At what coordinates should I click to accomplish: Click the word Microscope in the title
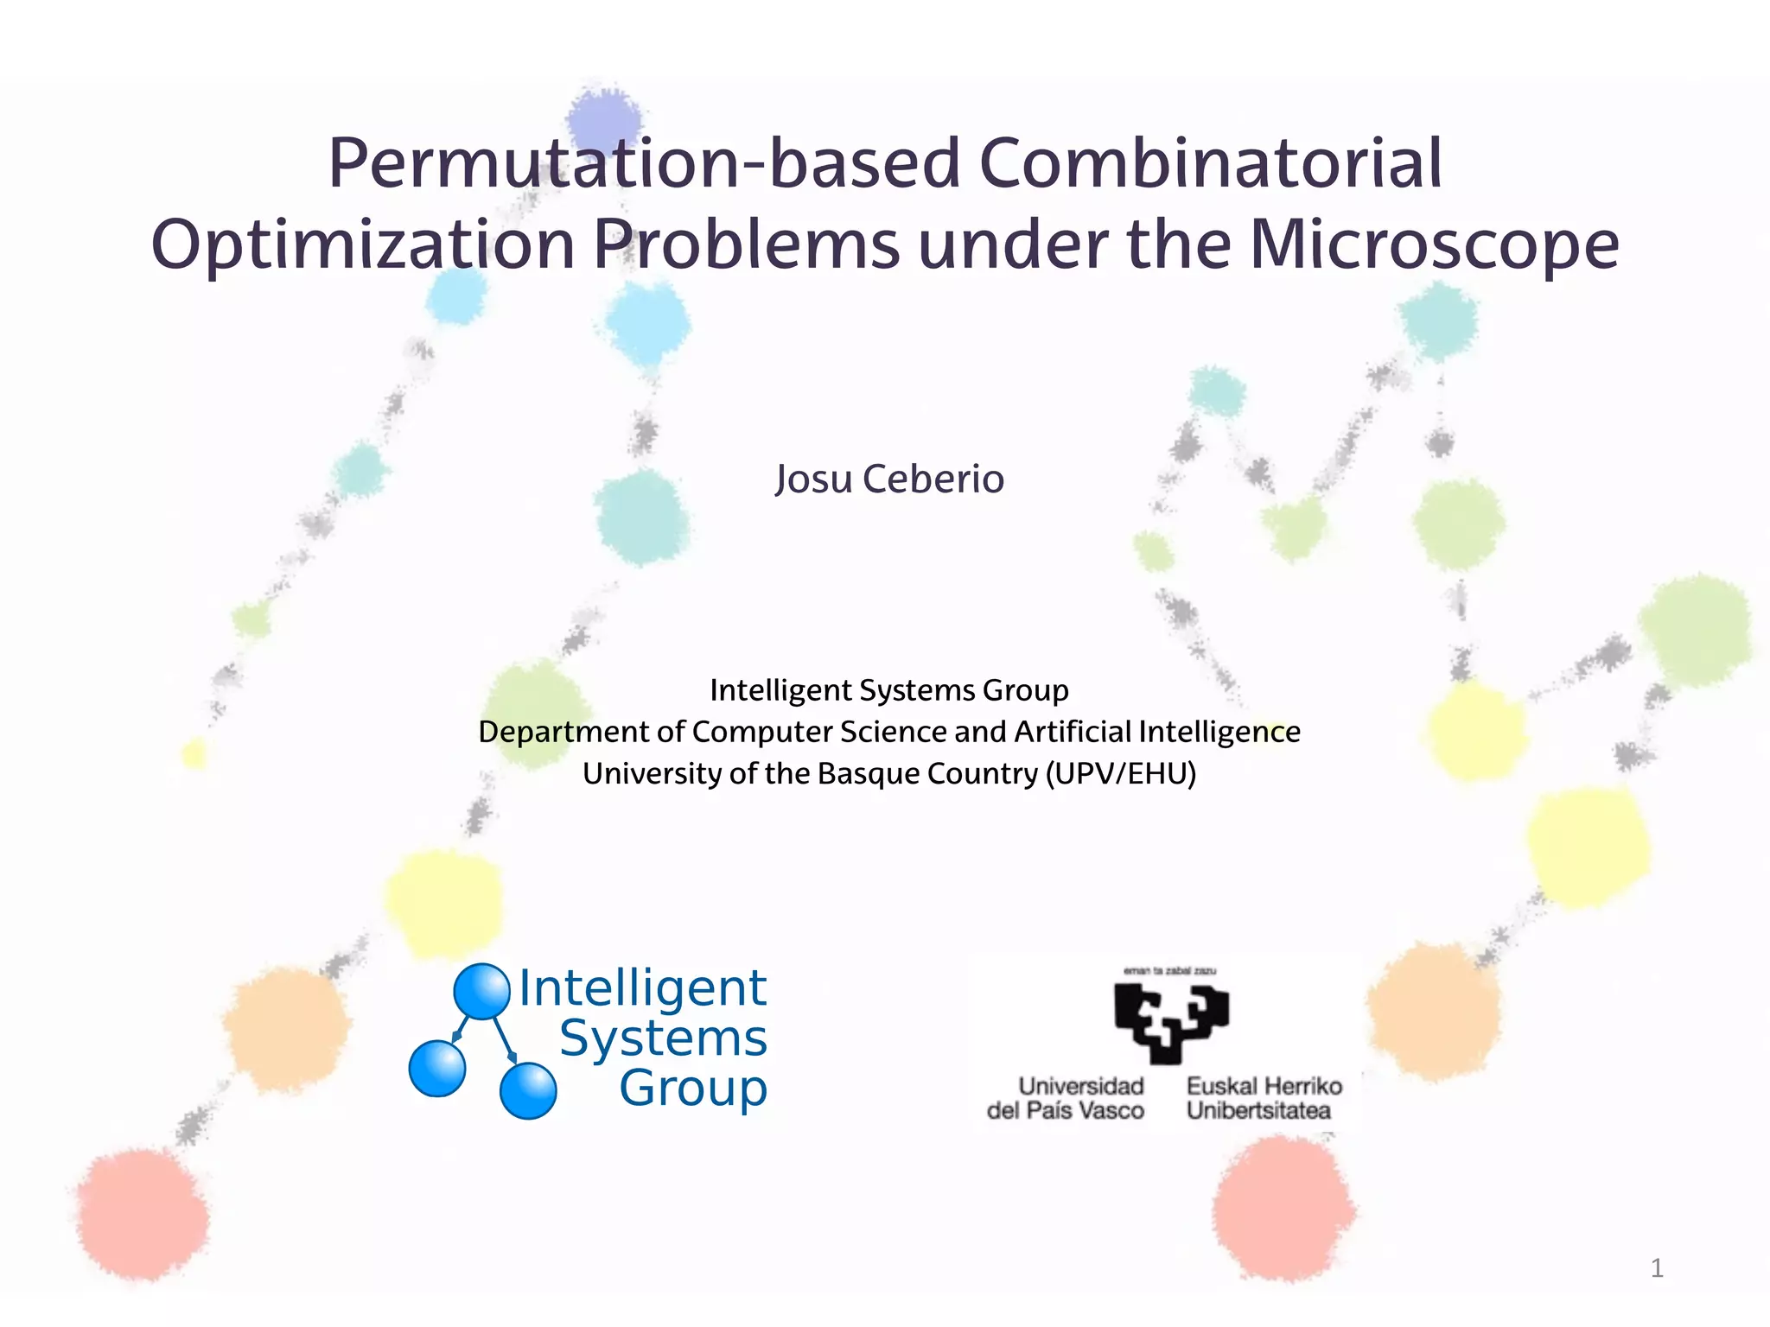[1434, 244]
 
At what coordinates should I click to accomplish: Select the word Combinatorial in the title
[1211, 163]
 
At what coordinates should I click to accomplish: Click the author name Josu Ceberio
[889, 479]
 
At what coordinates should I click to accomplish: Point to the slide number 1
[1657, 1268]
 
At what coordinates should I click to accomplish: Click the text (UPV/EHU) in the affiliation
[1121, 773]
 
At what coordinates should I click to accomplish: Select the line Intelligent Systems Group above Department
[889, 690]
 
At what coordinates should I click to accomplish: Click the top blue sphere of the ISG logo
[481, 991]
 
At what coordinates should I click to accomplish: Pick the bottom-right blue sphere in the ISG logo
[528, 1090]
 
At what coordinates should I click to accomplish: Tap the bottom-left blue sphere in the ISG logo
[437, 1069]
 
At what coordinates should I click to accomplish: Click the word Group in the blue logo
[693, 1088]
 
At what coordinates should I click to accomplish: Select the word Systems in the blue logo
[663, 1038]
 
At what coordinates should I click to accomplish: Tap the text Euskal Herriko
[1264, 1086]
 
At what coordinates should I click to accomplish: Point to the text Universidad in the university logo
[1080, 1086]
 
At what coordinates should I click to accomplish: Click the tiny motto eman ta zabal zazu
[1169, 971]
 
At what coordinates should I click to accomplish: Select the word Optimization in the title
[363, 244]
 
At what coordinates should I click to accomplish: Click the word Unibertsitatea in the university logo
[1258, 1110]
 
